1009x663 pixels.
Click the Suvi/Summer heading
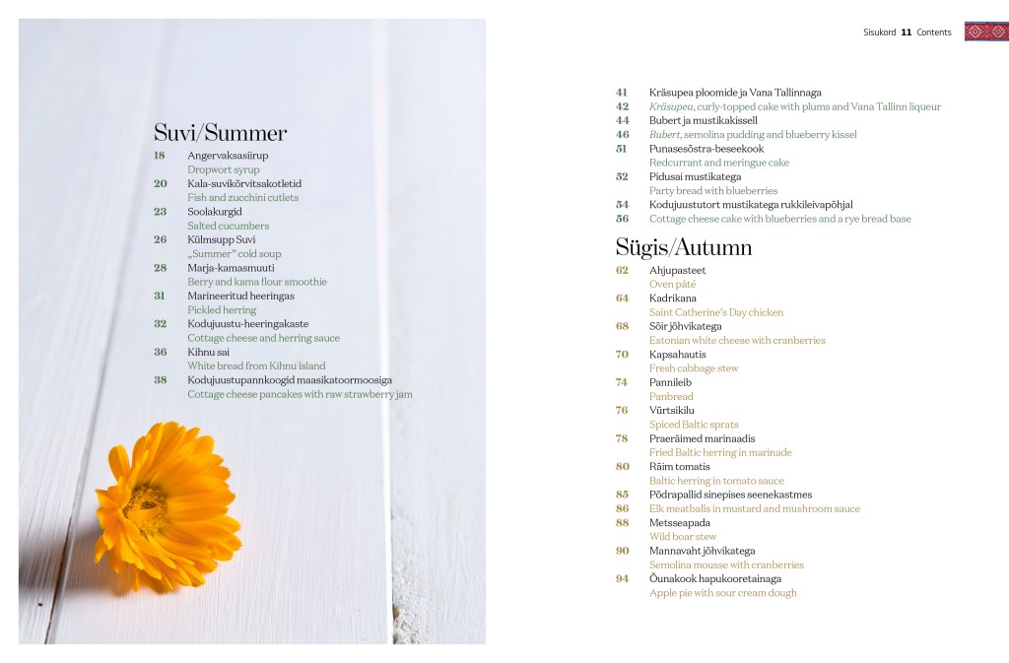pos(220,133)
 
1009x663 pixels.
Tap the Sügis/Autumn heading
pos(683,246)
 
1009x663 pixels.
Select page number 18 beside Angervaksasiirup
pos(160,156)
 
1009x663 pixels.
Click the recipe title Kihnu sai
pos(207,352)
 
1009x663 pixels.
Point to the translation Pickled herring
pos(222,309)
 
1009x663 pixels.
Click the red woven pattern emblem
pos(985,32)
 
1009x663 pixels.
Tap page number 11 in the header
pos(906,33)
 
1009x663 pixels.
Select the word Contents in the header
pos(934,33)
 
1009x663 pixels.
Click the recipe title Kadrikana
pos(672,298)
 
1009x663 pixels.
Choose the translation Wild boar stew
pos(682,537)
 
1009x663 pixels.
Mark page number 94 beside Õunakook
pos(622,579)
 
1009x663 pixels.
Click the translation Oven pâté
pos(672,284)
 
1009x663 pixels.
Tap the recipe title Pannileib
pos(670,382)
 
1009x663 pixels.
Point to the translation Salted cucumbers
pos(228,226)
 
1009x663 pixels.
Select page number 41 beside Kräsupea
pos(622,93)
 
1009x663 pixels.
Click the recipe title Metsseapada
pos(679,523)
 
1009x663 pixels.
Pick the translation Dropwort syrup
pos(224,169)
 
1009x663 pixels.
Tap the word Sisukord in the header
pos(879,33)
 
